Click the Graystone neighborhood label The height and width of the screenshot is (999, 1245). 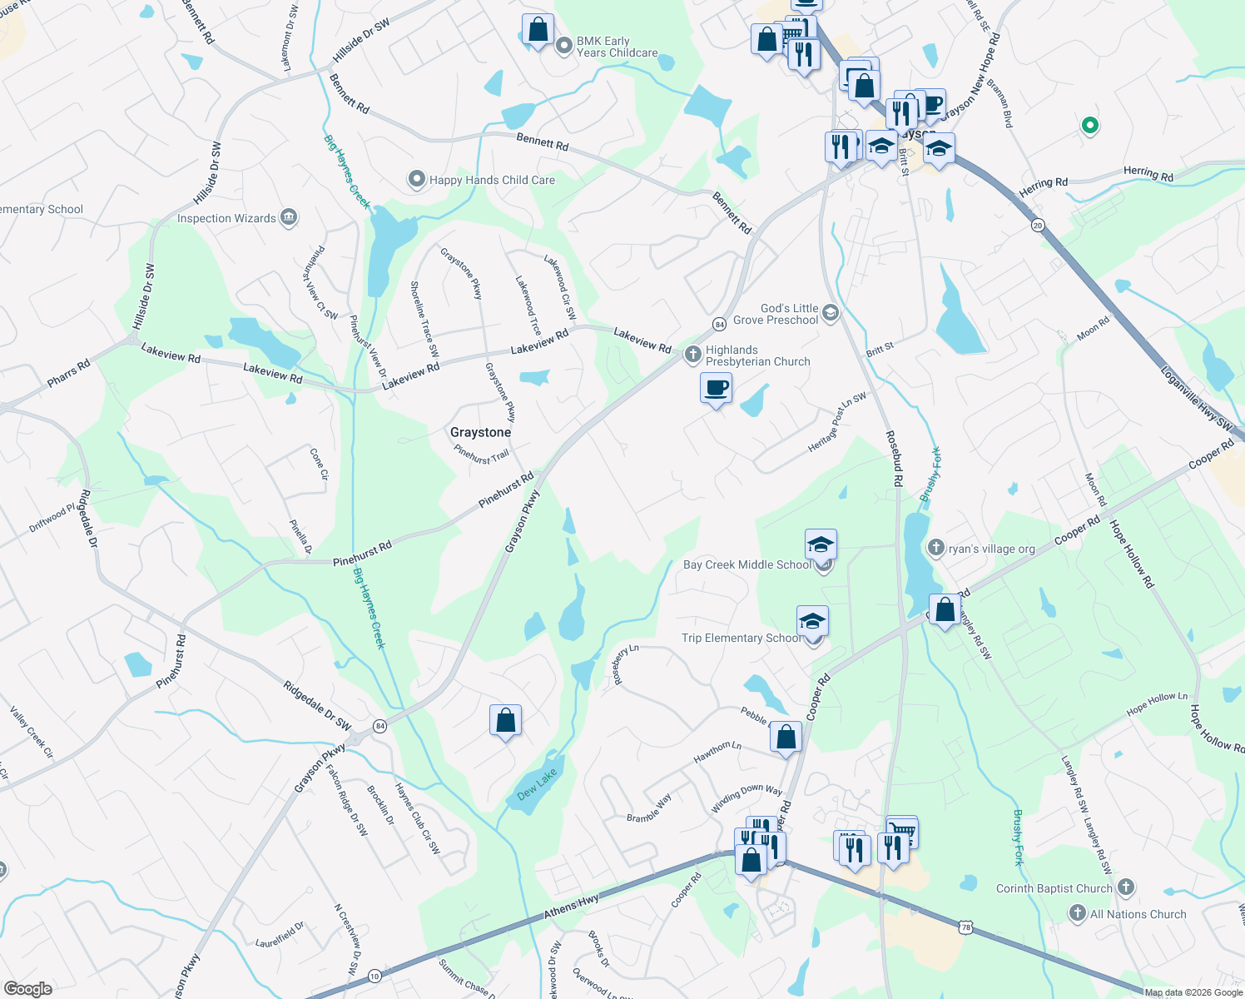pos(480,432)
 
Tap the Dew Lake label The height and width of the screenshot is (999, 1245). pos(537,783)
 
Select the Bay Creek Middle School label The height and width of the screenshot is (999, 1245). pos(747,564)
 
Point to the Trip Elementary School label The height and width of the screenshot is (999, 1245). pos(741,638)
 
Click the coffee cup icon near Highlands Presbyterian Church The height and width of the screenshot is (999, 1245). pos(716,388)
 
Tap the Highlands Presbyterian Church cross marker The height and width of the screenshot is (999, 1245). pos(692,355)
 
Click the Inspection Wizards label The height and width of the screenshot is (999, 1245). pos(226,218)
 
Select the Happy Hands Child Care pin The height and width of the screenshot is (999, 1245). pos(416,179)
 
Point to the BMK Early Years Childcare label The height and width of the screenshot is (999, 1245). pos(617,47)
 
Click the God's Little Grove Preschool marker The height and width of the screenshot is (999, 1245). pos(831,314)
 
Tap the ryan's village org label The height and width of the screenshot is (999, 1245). pos(991,549)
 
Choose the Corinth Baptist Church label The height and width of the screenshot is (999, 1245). pos(1054,888)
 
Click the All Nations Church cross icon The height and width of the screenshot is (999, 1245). pos(1078,914)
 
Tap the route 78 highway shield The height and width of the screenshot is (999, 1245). pos(965,927)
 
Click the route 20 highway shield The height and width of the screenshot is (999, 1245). pos(1037,225)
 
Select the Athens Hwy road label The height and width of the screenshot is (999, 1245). pos(572,907)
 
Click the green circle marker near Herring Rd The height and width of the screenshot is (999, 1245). pos(1089,126)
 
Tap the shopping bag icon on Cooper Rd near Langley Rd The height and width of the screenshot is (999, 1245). pos(945,610)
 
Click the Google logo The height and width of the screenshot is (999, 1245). pos(27,989)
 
